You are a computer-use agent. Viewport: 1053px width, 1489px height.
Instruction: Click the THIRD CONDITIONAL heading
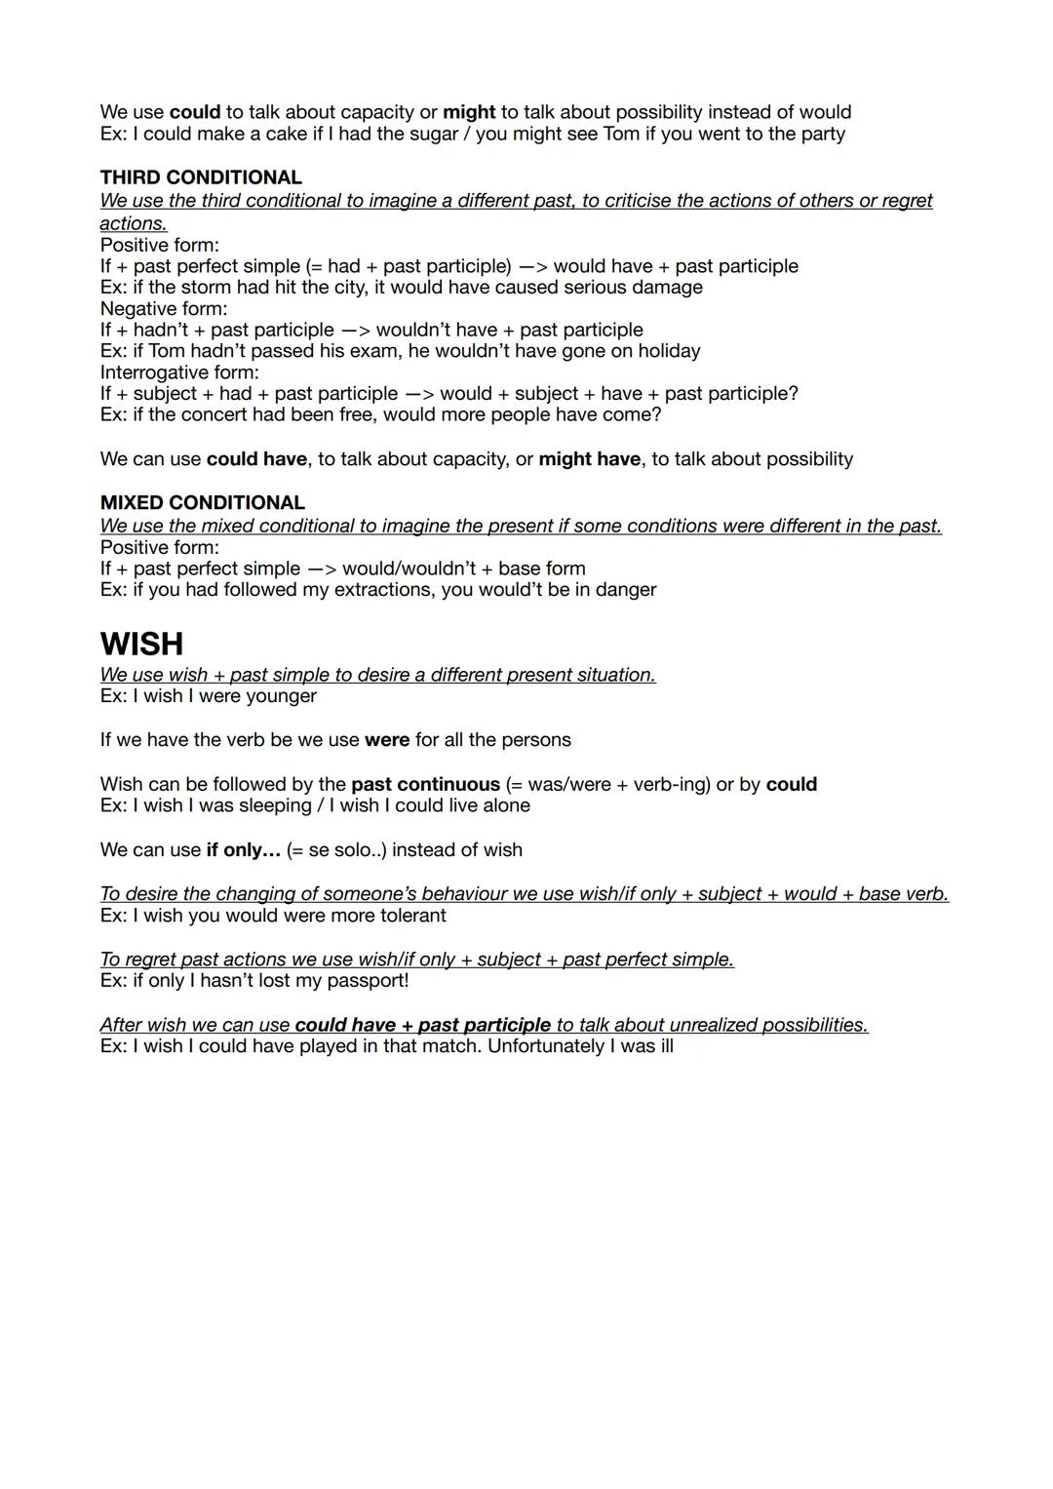201,177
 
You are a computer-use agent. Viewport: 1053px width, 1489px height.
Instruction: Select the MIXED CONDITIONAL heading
202,503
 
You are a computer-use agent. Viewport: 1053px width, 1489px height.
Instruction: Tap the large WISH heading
141,644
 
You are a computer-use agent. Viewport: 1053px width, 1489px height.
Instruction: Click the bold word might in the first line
469,112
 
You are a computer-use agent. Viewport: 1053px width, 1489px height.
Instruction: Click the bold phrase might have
590,459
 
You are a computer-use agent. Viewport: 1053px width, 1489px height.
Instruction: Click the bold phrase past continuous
425,785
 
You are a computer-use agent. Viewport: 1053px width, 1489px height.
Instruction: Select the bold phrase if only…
243,850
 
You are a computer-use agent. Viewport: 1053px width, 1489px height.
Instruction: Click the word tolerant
405,916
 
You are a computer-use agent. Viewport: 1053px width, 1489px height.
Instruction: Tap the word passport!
365,981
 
